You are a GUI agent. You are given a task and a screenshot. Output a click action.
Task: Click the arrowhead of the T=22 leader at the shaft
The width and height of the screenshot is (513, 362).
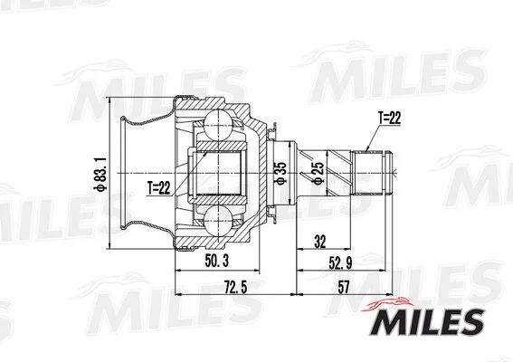tap(366, 148)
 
